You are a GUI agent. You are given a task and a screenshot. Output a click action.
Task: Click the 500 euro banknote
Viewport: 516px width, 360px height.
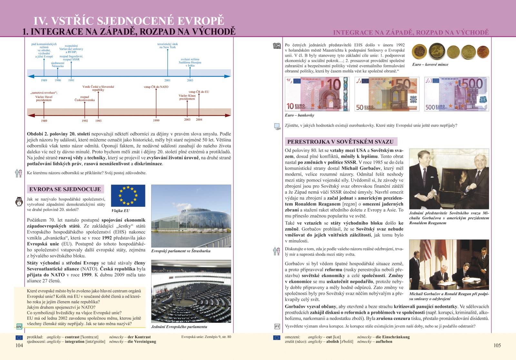(x=456, y=94)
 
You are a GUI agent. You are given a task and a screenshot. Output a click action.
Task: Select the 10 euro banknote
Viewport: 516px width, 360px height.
(x=317, y=94)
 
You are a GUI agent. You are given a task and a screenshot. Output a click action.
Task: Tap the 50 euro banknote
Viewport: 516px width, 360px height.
(x=387, y=94)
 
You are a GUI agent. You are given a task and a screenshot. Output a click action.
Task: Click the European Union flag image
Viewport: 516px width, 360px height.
(x=128, y=195)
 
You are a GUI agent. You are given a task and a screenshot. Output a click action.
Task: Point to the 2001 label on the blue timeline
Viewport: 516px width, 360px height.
(x=167, y=80)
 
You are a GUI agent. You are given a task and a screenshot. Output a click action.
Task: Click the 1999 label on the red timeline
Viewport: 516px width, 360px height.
(x=156, y=120)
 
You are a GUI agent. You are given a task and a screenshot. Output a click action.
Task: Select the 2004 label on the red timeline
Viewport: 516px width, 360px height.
(x=199, y=120)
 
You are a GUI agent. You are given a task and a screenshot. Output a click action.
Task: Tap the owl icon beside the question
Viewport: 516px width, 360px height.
(x=19, y=202)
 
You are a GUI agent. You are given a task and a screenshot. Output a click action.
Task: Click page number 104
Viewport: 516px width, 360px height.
(x=19, y=345)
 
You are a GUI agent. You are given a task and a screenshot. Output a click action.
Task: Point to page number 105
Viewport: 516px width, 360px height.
(x=497, y=345)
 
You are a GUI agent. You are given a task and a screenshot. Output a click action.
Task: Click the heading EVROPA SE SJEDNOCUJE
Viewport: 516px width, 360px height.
(x=65, y=189)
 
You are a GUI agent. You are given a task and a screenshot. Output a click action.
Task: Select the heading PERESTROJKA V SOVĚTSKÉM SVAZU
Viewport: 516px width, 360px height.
(x=341, y=142)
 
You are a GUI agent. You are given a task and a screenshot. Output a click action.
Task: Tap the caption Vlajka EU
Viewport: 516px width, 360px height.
(x=120, y=211)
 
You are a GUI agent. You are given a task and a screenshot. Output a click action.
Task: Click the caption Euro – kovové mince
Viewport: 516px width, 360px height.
(x=430, y=65)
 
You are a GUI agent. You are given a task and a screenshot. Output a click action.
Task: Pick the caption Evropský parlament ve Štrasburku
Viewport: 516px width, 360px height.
(x=181, y=251)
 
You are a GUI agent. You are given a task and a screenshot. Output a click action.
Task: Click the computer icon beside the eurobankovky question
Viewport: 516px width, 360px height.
(x=277, y=126)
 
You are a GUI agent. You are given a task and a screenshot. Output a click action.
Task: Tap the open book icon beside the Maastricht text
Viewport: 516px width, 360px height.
(x=277, y=46)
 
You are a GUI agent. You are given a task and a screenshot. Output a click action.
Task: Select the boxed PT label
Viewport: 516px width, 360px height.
(x=277, y=326)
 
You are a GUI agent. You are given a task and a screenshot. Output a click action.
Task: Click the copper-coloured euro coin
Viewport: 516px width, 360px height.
(x=483, y=52)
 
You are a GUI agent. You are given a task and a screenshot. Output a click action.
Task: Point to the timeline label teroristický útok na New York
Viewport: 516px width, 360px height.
(x=167, y=45)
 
